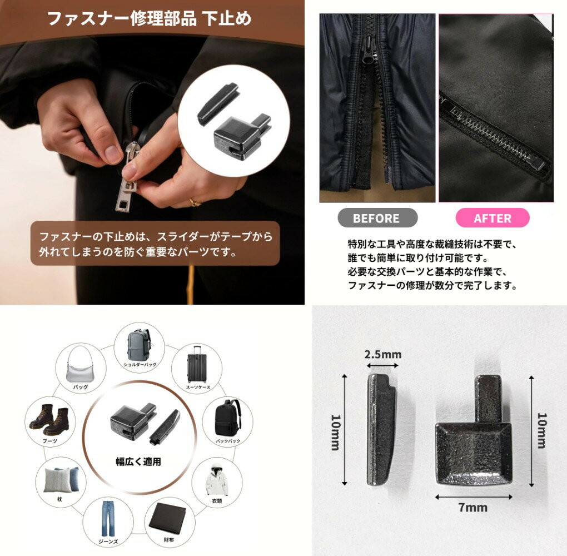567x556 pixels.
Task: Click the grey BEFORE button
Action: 377,218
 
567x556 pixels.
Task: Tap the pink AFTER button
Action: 493,218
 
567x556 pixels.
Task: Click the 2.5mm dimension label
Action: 383,355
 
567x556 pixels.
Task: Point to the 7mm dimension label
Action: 473,507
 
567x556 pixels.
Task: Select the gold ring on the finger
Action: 195,202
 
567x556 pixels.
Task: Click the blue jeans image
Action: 108,518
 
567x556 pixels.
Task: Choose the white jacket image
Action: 217,480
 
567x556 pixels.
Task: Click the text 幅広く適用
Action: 138,461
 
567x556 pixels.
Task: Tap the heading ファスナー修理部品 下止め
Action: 149,18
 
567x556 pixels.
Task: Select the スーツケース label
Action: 198,388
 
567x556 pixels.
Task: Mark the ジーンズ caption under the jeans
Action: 108,542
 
